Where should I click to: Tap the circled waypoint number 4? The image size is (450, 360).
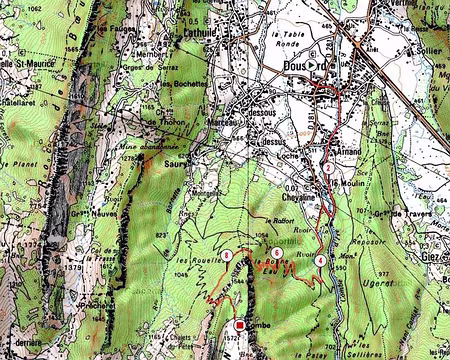point(319,260)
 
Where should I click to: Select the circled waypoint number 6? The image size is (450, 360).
point(275,252)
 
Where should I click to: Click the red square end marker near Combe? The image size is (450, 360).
point(240,326)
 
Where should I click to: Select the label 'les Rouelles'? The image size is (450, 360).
point(192,264)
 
